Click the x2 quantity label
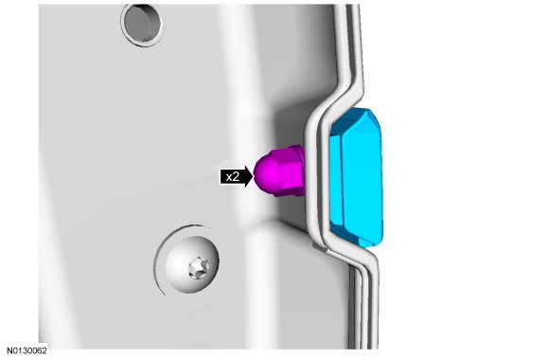tap(233, 177)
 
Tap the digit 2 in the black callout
tap(237, 177)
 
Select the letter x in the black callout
tap(229, 178)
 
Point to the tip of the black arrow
tap(253, 177)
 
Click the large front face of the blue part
tap(362, 179)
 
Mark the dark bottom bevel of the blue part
tap(354, 236)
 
